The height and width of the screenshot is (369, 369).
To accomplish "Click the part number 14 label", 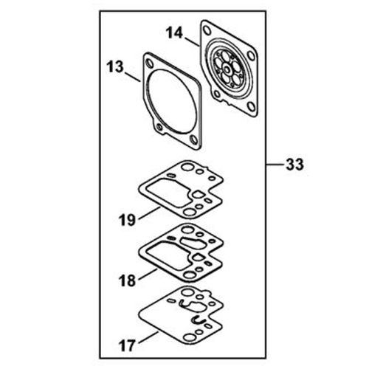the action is (174, 33).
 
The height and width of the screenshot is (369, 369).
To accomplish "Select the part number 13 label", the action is (115, 67).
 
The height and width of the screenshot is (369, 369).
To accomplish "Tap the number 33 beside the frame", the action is (294, 164).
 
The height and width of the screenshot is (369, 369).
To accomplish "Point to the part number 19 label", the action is (127, 220).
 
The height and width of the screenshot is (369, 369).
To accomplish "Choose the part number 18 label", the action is (127, 280).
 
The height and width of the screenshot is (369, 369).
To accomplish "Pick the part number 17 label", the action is (127, 345).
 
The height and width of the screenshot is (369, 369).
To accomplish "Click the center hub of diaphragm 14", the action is (227, 70).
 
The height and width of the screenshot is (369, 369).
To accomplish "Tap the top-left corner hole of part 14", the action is (207, 30).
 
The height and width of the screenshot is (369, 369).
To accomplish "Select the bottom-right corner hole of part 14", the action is (251, 106).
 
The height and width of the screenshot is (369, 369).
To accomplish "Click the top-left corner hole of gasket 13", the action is (149, 63).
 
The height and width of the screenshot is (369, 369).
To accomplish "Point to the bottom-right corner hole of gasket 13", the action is (194, 140).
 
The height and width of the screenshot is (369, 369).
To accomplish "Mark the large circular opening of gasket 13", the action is (173, 102).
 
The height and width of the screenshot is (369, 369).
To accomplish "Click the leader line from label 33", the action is (275, 164).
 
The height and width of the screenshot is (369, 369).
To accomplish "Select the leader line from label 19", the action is (150, 213).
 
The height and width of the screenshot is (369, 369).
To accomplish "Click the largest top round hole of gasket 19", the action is (187, 167).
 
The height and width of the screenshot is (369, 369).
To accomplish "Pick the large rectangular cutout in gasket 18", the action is (168, 255).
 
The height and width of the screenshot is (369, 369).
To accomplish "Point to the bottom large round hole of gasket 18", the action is (190, 275).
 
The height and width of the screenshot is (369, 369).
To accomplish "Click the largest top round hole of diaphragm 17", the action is (187, 292).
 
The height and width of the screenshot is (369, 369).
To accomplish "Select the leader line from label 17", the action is (148, 337).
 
